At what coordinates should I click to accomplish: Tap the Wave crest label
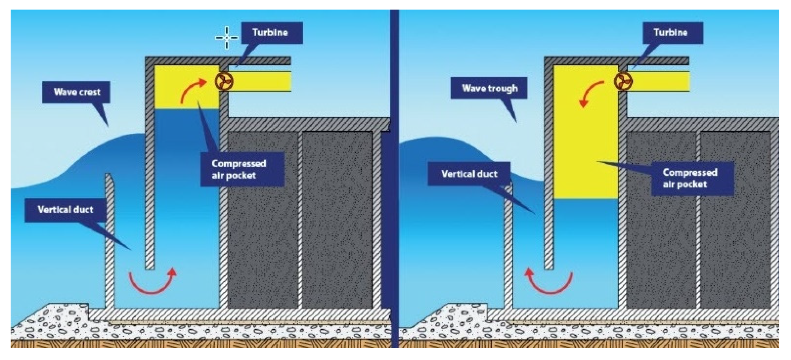click(x=76, y=92)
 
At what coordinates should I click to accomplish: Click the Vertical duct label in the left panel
click(x=65, y=210)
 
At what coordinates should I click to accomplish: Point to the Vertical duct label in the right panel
click(x=469, y=174)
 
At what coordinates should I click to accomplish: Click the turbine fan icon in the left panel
click(x=224, y=82)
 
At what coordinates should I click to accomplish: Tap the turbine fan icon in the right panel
click(x=623, y=82)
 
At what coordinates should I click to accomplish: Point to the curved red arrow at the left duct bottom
click(x=153, y=282)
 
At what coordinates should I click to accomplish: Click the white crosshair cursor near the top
click(x=227, y=38)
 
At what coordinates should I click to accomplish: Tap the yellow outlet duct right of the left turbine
click(x=261, y=81)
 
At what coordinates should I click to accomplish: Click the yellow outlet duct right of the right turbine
click(x=660, y=81)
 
